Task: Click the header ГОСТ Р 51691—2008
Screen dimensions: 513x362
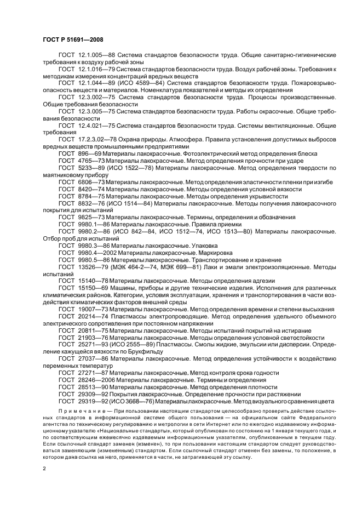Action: click(72, 39)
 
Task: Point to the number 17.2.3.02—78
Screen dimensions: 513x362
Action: click(96, 140)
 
